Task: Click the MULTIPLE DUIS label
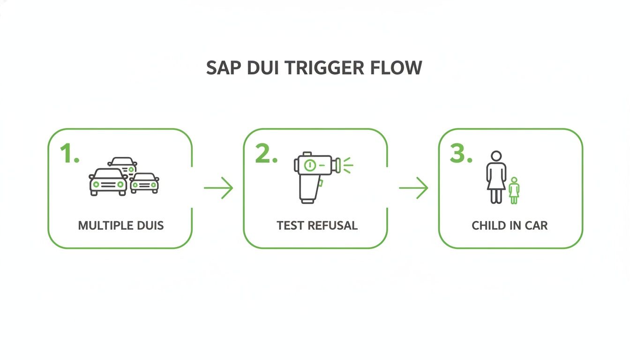pyautogui.click(x=121, y=225)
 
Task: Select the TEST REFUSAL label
pyautogui.click(x=317, y=225)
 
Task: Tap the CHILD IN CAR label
pyautogui.click(x=510, y=225)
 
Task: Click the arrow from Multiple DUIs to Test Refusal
pyautogui.click(x=218, y=188)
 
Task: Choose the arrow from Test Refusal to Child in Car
pyautogui.click(x=413, y=188)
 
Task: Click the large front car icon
pyautogui.click(x=108, y=182)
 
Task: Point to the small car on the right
pyautogui.click(x=144, y=183)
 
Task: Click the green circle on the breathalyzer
pyautogui.click(x=309, y=165)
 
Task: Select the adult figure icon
pyautogui.click(x=496, y=177)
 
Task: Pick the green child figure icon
pyautogui.click(x=514, y=190)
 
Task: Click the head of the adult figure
pyautogui.click(x=496, y=156)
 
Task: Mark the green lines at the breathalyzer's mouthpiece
pyautogui.click(x=347, y=165)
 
